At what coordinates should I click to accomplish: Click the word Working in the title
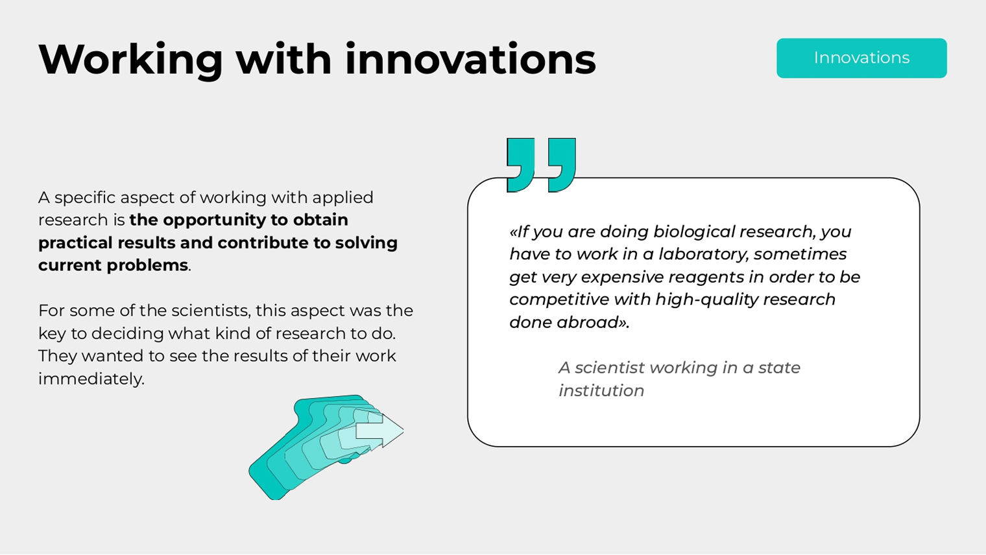point(131,60)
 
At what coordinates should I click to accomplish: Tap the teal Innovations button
point(861,58)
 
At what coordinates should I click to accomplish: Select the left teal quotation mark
point(521,165)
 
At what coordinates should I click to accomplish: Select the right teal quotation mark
point(562,165)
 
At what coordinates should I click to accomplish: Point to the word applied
point(343,198)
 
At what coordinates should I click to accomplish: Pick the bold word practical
point(75,243)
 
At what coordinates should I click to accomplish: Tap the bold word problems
point(147,265)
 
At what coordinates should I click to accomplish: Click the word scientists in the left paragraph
point(211,311)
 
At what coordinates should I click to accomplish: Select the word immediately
point(91,379)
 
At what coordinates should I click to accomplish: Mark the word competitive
point(559,300)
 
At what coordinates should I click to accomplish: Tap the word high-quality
point(706,300)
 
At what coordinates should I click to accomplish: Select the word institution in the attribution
point(601,391)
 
